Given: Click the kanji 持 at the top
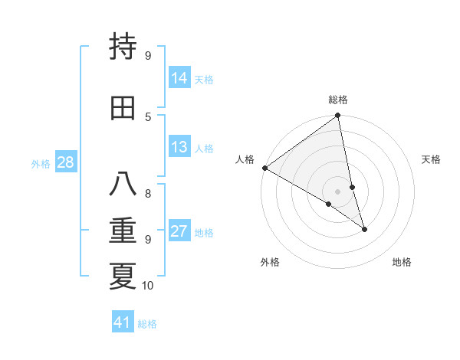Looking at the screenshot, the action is (x=123, y=47).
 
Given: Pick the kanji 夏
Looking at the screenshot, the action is (x=123, y=277).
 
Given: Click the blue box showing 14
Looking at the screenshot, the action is (x=179, y=78).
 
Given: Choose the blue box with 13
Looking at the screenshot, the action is (x=179, y=147).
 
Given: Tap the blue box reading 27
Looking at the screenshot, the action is (x=179, y=231).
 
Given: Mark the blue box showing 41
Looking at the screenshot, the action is (x=123, y=322).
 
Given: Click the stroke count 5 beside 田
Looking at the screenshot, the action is (x=148, y=116).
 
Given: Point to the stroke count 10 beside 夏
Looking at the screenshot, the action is (x=148, y=286).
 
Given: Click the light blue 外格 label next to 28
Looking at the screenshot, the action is (x=41, y=163).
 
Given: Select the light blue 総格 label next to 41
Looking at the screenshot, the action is (x=147, y=324).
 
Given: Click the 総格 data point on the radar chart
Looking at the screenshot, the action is (x=337, y=116).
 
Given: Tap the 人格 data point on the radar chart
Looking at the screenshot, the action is (x=264, y=168).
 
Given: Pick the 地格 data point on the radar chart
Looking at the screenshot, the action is (x=364, y=229).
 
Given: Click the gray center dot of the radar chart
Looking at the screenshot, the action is (x=337, y=191).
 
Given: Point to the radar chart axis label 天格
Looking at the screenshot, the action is (x=431, y=159).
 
